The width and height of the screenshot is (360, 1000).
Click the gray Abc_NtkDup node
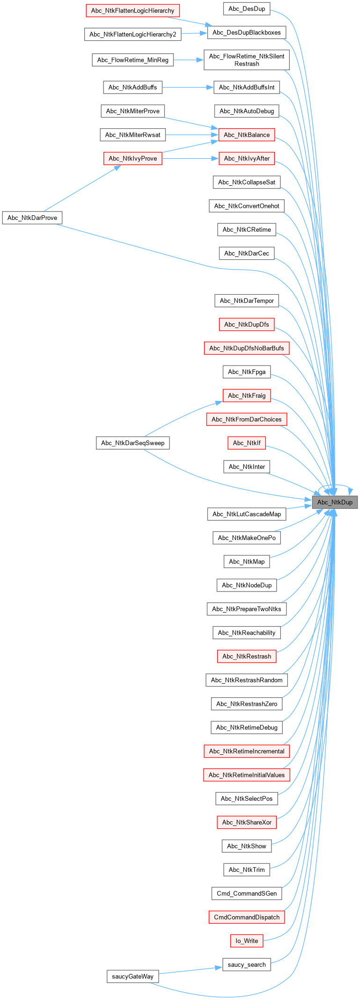335,502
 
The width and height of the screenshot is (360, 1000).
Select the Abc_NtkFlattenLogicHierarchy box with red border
132,10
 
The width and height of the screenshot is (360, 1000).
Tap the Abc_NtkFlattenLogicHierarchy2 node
132,34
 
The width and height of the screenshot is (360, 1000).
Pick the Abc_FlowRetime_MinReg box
132,60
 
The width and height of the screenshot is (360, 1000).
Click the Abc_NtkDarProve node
32,218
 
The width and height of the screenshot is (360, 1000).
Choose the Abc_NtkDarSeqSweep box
132,443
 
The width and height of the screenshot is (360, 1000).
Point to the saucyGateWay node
132,976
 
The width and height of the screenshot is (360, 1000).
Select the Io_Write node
247,941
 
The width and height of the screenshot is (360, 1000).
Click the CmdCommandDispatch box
247,917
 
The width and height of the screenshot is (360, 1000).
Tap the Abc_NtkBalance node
247,135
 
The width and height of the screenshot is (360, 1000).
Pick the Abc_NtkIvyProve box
132,158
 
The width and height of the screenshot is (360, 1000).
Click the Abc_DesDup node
247,8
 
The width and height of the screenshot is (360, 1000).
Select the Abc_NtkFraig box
247,395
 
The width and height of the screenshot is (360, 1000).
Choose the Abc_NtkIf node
247,443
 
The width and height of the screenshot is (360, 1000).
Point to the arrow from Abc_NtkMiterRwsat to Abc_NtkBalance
192,135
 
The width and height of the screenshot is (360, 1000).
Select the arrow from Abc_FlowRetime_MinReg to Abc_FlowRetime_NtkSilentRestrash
188,60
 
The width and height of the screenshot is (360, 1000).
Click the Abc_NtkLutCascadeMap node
247,514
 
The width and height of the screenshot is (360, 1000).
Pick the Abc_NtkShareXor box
247,822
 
